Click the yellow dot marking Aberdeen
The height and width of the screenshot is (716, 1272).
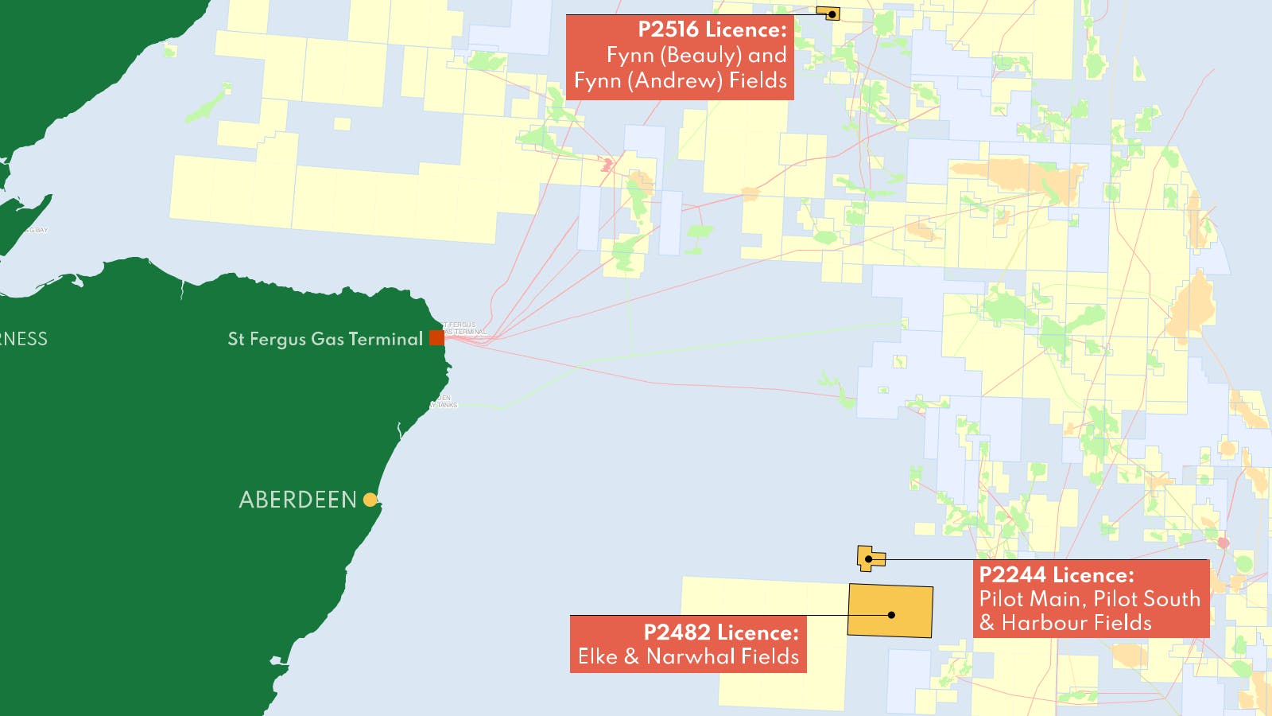point(370,500)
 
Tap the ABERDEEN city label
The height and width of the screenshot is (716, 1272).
point(298,500)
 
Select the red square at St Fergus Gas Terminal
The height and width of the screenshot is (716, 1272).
point(436,337)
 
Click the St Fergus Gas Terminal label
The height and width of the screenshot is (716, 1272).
point(325,339)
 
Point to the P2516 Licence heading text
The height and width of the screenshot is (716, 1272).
point(712,30)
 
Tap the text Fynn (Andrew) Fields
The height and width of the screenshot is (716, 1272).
point(681,81)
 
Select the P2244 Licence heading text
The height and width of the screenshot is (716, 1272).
point(1057,575)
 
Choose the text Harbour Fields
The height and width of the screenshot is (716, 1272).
point(1076,623)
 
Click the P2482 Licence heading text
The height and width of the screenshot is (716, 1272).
point(720,632)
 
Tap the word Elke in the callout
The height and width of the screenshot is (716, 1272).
point(598,657)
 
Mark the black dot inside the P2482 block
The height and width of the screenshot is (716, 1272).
point(892,615)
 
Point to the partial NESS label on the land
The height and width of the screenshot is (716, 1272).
point(24,339)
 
